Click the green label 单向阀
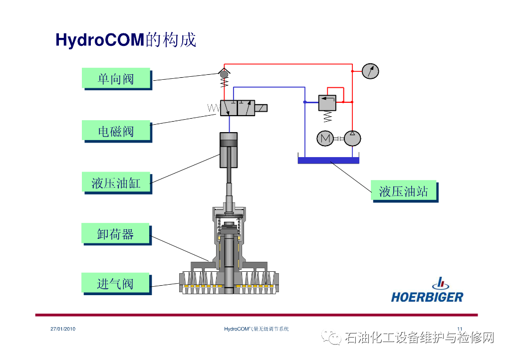(x=116, y=78)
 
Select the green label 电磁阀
(x=116, y=131)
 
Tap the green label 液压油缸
(x=116, y=183)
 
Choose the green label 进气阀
(x=116, y=284)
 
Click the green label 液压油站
(x=404, y=191)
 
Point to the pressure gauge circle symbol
(x=370, y=71)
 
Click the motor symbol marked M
(x=325, y=138)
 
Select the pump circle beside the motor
(x=352, y=138)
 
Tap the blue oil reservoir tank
(x=328, y=160)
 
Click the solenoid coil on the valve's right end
(x=261, y=108)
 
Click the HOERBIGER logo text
(x=427, y=297)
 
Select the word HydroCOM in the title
(x=100, y=40)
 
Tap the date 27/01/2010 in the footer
(x=63, y=329)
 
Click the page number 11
(x=460, y=329)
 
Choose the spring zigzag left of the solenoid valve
(x=214, y=108)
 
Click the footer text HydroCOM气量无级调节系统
(x=256, y=329)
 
